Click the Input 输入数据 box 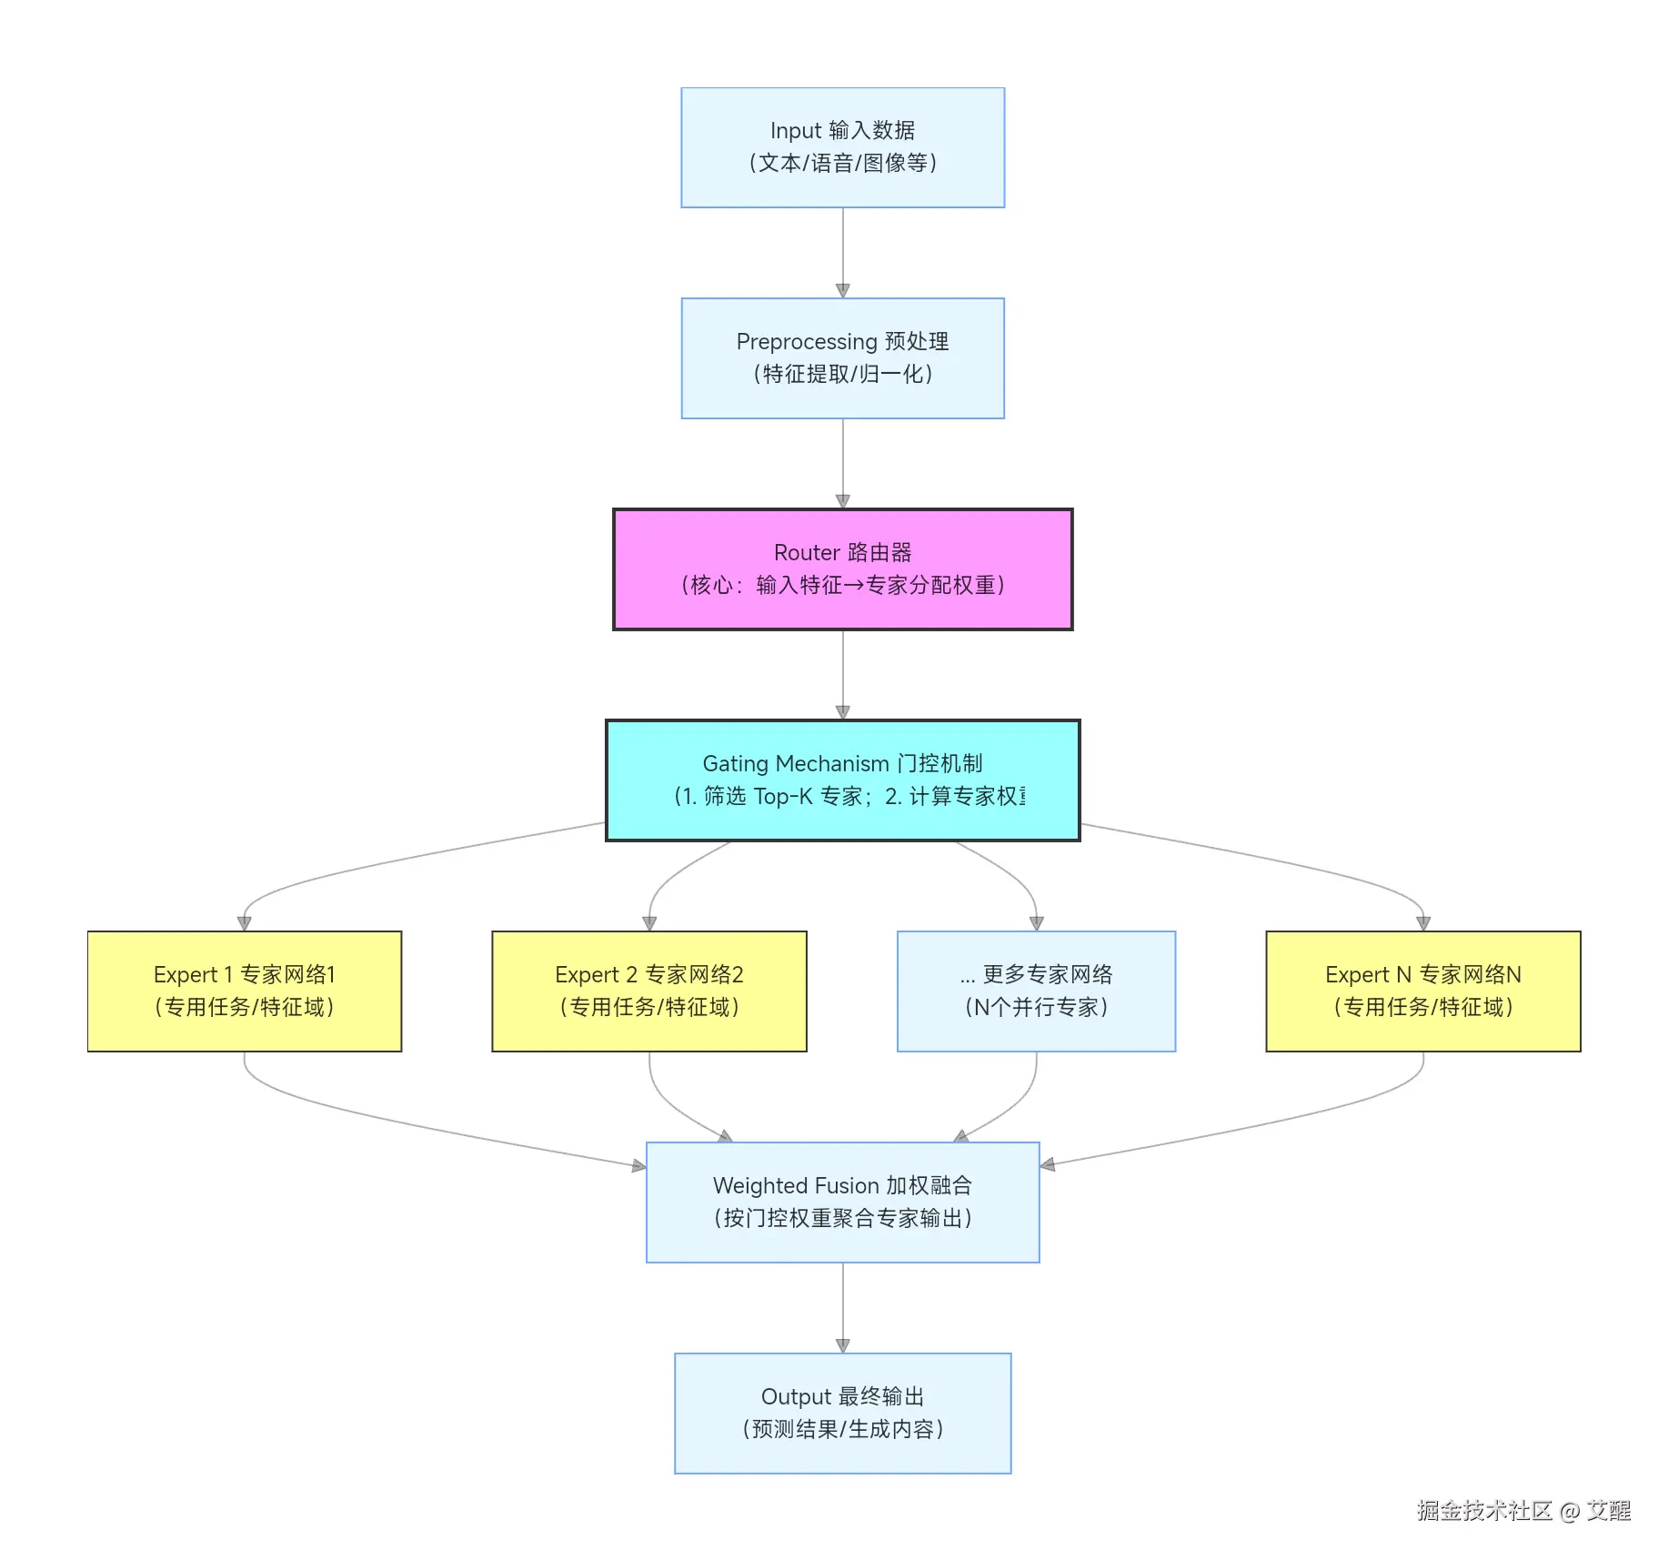[842, 147]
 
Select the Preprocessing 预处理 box [842, 357]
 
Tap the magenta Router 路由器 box [842, 569]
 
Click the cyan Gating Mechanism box [842, 780]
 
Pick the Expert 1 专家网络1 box [244, 991]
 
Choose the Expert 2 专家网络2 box [648, 991]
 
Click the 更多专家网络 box [1036, 991]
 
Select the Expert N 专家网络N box [1422, 991]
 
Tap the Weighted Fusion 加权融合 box [842, 1202]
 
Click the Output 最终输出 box [842, 1413]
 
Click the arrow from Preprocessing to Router [842, 463]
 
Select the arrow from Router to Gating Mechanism [842, 674]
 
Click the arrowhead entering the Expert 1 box [244, 923]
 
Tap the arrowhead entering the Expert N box [1423, 923]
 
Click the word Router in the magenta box [806, 553]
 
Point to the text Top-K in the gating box [782, 797]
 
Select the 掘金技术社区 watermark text [1483, 1511]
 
